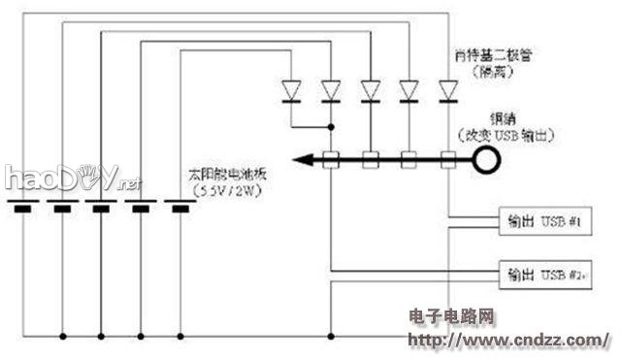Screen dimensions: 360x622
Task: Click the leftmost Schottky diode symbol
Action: pyautogui.click(x=291, y=90)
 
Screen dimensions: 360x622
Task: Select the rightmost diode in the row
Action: pyautogui.click(x=447, y=90)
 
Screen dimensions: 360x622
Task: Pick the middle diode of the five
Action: pyautogui.click(x=370, y=90)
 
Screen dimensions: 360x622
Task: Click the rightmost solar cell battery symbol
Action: pyautogui.click(x=180, y=207)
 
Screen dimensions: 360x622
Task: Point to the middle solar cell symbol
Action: pyautogui.click(x=101, y=207)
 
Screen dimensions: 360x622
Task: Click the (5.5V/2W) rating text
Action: pyautogui.click(x=231, y=191)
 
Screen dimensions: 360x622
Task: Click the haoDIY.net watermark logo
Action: pyautogui.click(x=73, y=179)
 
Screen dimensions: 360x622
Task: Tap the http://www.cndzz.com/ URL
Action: pyautogui.click(x=507, y=341)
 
